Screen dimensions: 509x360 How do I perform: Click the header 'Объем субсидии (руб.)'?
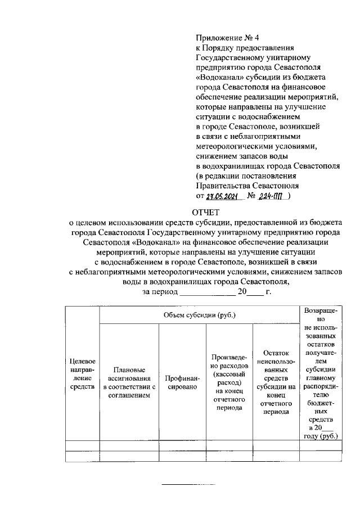point(199,314)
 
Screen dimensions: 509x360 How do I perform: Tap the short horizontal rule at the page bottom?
point(188,484)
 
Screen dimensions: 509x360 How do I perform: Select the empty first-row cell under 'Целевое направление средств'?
point(82,446)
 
